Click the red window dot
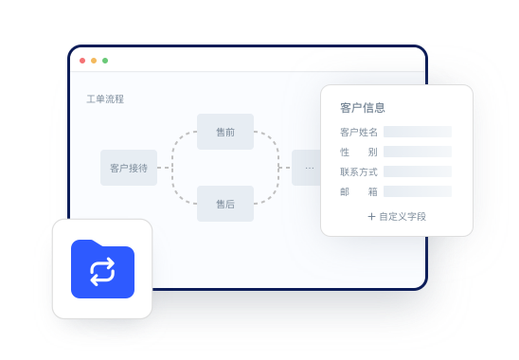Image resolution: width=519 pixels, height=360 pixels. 82,61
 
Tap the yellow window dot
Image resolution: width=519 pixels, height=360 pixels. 94,61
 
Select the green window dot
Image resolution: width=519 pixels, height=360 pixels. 105,61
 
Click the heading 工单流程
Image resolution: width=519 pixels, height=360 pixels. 105,99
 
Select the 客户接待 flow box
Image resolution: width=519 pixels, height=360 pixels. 129,168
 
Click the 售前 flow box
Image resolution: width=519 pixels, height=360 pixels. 225,132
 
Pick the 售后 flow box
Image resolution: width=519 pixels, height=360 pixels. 225,204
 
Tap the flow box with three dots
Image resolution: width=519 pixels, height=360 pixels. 307,168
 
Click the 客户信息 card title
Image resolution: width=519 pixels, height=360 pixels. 363,108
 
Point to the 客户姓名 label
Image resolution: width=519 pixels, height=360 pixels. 359,133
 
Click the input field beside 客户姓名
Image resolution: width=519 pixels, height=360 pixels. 418,133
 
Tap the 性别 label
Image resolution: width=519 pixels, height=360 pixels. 359,153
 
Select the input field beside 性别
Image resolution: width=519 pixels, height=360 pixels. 418,153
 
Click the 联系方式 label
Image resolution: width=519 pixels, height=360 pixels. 359,172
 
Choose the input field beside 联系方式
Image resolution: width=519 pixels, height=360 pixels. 418,172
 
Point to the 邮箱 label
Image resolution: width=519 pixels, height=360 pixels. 359,192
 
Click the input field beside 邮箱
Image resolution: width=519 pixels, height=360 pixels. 418,192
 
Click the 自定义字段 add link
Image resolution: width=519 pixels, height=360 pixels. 397,216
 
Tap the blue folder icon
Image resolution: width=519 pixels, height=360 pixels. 102,269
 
